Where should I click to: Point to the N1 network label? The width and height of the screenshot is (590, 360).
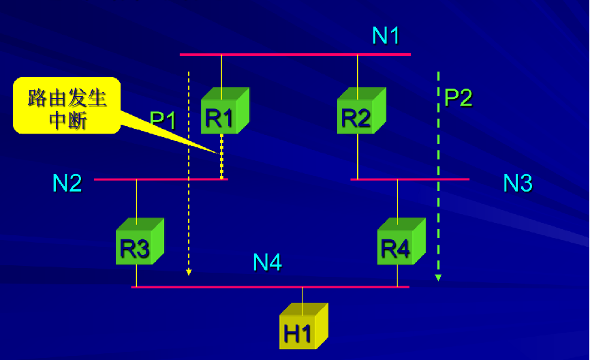click(386, 35)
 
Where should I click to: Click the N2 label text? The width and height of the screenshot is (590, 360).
click(67, 183)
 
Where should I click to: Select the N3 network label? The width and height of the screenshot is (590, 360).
click(517, 183)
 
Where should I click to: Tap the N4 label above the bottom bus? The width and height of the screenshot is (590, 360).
click(268, 262)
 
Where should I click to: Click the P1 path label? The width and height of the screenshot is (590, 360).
click(164, 121)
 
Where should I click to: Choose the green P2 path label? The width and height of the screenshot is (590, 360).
click(458, 98)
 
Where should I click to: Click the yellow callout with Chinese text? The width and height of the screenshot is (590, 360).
click(67, 106)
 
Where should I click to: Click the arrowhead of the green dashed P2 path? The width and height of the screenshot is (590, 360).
click(439, 277)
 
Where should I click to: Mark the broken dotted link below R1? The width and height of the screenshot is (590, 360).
click(221, 155)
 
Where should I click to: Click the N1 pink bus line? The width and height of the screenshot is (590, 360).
click(295, 54)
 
